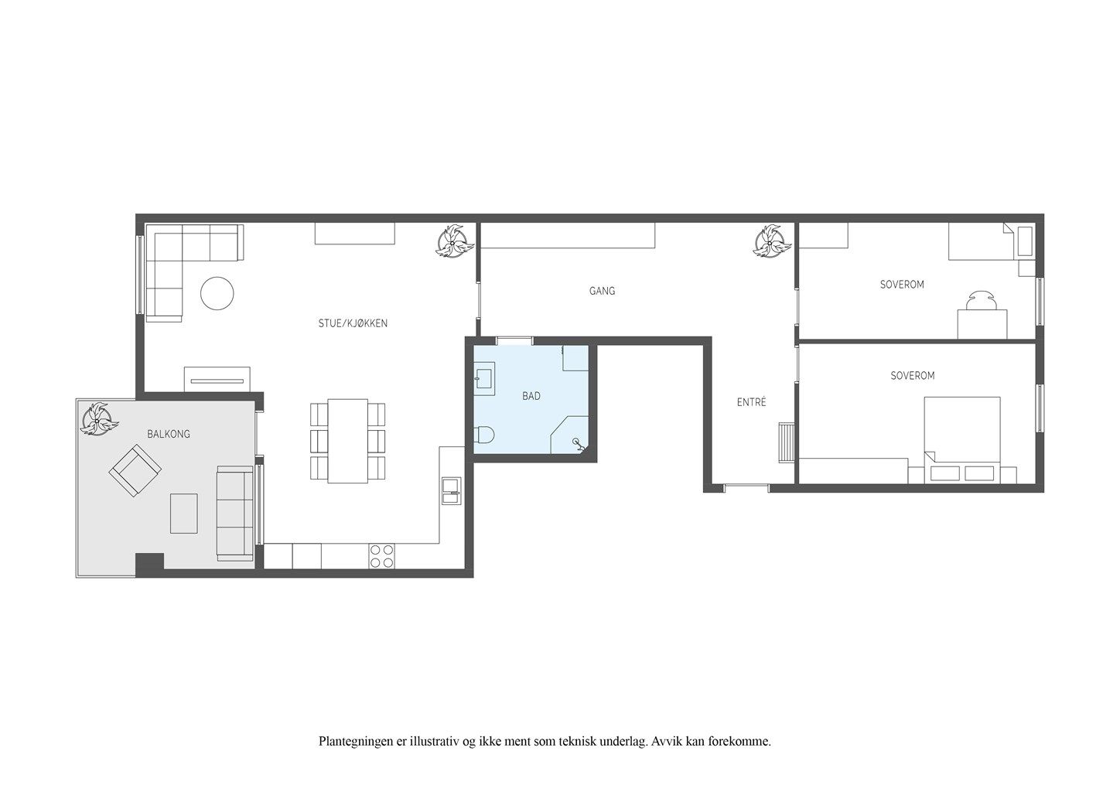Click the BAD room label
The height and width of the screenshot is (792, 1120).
[x=531, y=397]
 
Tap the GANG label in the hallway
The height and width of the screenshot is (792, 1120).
[x=602, y=291]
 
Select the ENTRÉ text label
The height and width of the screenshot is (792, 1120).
[x=752, y=402]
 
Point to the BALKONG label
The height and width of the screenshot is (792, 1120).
[x=169, y=434]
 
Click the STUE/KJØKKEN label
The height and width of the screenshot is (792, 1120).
[x=353, y=323]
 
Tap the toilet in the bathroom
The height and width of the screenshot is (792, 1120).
[x=483, y=435]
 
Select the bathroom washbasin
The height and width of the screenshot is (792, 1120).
[x=484, y=378]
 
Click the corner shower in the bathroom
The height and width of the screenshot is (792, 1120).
[x=569, y=435]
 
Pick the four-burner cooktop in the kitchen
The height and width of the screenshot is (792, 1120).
[x=381, y=557]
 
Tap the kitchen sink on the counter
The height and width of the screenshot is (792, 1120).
[x=452, y=491]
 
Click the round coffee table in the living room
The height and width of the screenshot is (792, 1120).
[x=217, y=293]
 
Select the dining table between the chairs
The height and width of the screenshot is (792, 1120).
[x=348, y=441]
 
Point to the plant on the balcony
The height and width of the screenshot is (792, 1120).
[x=100, y=418]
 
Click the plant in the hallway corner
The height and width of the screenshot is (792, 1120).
[x=773, y=241]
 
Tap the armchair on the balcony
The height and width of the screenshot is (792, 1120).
[x=135, y=470]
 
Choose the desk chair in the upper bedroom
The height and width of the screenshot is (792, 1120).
[x=982, y=301]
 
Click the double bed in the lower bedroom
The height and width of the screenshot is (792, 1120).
[x=962, y=440]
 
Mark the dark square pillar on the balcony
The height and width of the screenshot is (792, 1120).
[x=150, y=565]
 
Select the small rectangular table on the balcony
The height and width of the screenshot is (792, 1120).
[x=184, y=514]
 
